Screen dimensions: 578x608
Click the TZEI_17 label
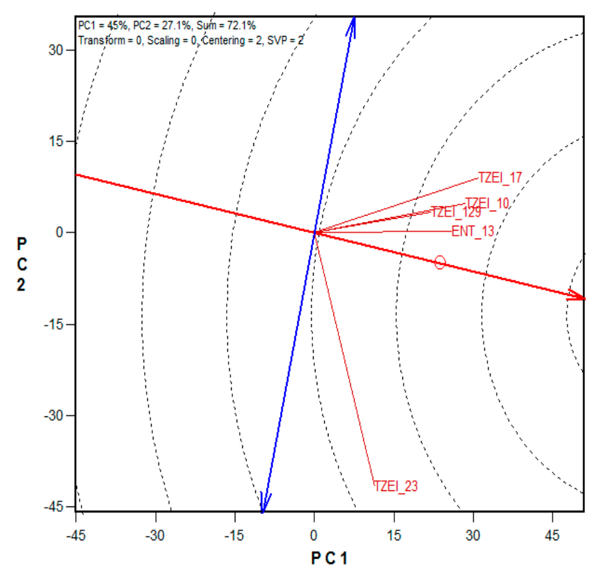(x=500, y=178)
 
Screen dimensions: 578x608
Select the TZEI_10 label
(x=487, y=203)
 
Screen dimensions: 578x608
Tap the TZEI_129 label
(x=456, y=212)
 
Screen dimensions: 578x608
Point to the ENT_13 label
(x=473, y=232)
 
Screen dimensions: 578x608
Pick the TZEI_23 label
(x=396, y=486)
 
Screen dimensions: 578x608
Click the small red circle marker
(x=440, y=262)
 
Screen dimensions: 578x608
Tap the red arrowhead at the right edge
(x=578, y=298)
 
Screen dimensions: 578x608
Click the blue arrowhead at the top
(x=352, y=25)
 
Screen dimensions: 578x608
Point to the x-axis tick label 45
(x=553, y=536)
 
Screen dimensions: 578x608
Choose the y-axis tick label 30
(x=58, y=50)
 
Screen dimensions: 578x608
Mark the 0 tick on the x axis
(x=314, y=536)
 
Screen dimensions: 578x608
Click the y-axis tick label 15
(x=58, y=142)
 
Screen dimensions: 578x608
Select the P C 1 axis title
(x=329, y=558)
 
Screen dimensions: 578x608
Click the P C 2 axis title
(x=21, y=265)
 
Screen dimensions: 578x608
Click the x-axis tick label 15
(x=394, y=536)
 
